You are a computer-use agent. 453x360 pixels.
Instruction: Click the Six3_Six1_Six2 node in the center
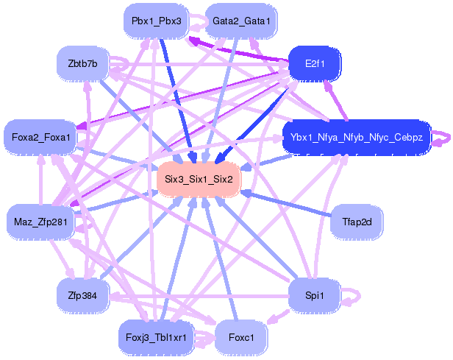(x=199, y=180)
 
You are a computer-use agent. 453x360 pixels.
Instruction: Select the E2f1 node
(x=315, y=63)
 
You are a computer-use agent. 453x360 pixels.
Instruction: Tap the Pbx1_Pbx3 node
(x=157, y=21)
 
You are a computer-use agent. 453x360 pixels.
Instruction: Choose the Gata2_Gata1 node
(x=241, y=21)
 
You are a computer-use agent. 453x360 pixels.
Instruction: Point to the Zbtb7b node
(x=82, y=63)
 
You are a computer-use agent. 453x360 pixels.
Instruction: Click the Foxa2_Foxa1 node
(x=40, y=137)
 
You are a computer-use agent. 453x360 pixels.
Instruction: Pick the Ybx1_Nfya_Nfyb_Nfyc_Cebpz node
(x=357, y=137)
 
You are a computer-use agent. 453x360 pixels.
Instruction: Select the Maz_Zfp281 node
(x=40, y=222)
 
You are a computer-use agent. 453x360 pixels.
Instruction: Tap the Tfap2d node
(x=357, y=222)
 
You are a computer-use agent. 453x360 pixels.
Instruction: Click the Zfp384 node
(x=82, y=295)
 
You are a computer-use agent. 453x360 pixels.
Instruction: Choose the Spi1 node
(x=315, y=295)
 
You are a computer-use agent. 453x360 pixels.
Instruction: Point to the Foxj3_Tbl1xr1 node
(x=157, y=337)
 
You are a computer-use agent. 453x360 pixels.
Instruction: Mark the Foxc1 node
(x=241, y=337)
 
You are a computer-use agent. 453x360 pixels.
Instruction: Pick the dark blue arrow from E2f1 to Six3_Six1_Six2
(x=252, y=125)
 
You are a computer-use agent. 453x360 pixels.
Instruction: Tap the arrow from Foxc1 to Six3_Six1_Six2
(x=220, y=259)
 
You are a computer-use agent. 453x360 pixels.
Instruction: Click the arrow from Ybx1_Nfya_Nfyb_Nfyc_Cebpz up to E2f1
(x=335, y=100)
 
